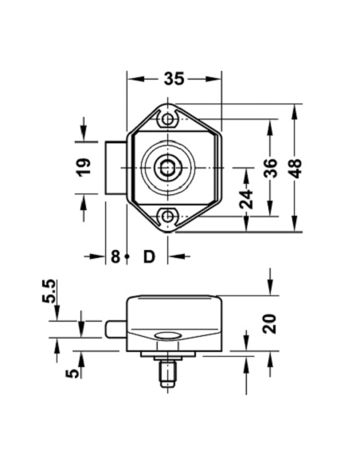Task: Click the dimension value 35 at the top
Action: pyautogui.click(x=174, y=78)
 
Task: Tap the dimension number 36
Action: pyautogui.click(x=271, y=167)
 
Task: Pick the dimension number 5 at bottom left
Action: pyautogui.click(x=72, y=372)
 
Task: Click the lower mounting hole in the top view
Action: pyautogui.click(x=168, y=215)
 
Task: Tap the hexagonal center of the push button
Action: pyautogui.click(x=168, y=168)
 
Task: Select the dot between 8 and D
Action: pyautogui.click(x=127, y=256)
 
